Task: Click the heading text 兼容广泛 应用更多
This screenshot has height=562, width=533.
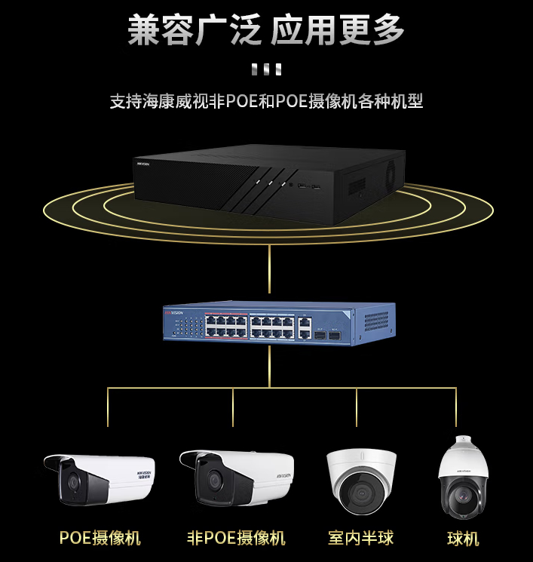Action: (x=266, y=31)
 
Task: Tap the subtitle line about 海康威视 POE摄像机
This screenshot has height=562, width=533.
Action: (x=266, y=101)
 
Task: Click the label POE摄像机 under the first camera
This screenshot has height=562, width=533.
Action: (x=100, y=538)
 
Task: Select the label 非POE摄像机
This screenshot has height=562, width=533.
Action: (x=236, y=538)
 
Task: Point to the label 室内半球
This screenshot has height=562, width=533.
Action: (x=360, y=538)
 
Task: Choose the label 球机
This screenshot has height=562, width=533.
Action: (x=463, y=539)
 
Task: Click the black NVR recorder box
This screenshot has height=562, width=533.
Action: (x=268, y=182)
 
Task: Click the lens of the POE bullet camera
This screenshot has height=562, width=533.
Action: (x=72, y=484)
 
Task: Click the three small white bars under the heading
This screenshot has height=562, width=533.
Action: (x=266, y=70)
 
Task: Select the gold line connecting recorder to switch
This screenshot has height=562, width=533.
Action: (x=268, y=264)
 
